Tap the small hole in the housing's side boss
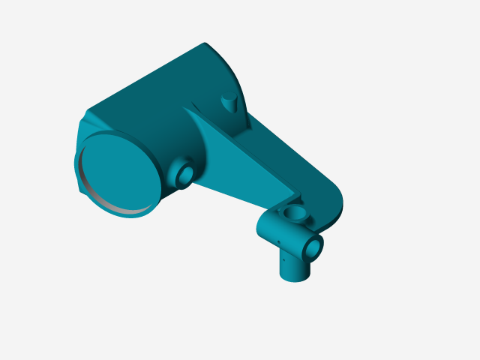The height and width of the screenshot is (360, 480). (x=184, y=175)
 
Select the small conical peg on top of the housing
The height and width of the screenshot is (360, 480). (x=229, y=102)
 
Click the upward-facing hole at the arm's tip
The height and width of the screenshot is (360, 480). (x=295, y=214)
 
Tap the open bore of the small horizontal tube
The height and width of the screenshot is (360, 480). (x=314, y=245)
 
